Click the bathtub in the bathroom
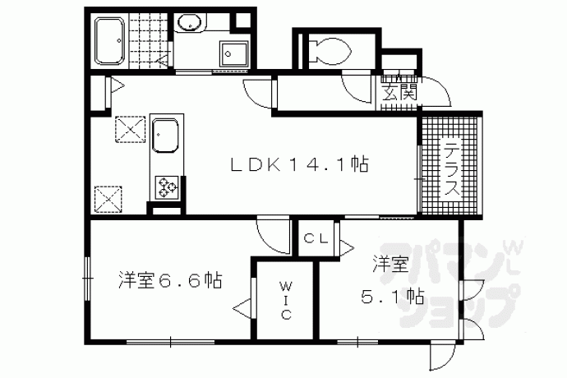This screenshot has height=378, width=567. [x=109, y=41]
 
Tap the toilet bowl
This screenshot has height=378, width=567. [x=330, y=51]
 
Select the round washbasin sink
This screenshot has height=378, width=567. [x=190, y=23]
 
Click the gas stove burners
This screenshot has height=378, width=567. [x=167, y=187]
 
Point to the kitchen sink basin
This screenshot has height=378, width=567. [x=165, y=136]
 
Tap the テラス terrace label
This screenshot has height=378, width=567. [x=452, y=169]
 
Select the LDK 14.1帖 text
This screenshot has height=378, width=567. [x=300, y=165]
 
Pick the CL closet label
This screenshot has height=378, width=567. [x=316, y=238]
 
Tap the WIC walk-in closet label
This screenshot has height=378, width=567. [x=286, y=301]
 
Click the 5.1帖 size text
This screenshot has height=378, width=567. [x=392, y=297]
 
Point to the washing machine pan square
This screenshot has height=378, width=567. [x=234, y=54]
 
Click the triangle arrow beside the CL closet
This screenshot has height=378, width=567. [x=347, y=248]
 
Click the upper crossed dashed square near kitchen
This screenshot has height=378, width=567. [x=130, y=129]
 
